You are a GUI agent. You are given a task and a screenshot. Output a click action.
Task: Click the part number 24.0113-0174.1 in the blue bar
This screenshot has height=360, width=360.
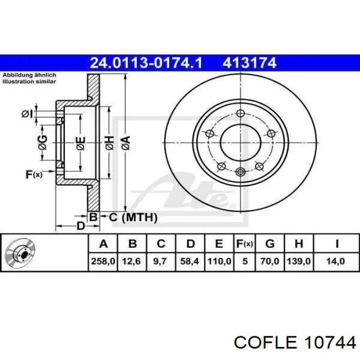pos(146,63)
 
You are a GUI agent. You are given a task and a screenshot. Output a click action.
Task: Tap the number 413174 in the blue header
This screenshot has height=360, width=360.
pos(249,63)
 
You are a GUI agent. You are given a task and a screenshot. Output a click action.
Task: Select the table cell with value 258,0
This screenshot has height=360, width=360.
pos(103,261)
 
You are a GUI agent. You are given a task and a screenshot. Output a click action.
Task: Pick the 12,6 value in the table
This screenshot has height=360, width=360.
pos(132,261)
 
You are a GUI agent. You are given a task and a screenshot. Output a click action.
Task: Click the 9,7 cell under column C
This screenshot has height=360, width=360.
pos(160,261)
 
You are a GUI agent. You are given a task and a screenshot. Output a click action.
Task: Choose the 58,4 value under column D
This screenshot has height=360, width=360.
pos(189,261)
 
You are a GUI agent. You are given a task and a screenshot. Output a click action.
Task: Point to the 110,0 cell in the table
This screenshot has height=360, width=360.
pos(219,261)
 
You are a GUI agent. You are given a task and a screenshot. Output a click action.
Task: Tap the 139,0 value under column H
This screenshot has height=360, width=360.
pos(298,261)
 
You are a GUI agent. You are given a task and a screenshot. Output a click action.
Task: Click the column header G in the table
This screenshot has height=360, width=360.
pos(270,244)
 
